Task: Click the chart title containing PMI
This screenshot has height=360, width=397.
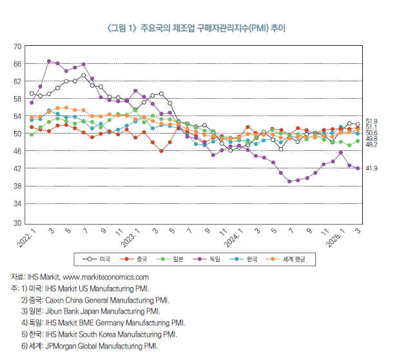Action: coord(198,29)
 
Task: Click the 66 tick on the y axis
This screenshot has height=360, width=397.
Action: coord(18,64)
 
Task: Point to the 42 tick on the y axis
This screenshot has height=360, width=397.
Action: coord(18,168)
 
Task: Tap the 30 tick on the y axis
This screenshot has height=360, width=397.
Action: coord(18,223)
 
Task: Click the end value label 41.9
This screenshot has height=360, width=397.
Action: coord(371,168)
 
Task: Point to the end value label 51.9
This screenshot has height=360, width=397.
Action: coord(371,121)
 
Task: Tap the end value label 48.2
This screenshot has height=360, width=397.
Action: coord(371,145)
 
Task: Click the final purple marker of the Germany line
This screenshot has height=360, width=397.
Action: coord(358,168)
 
